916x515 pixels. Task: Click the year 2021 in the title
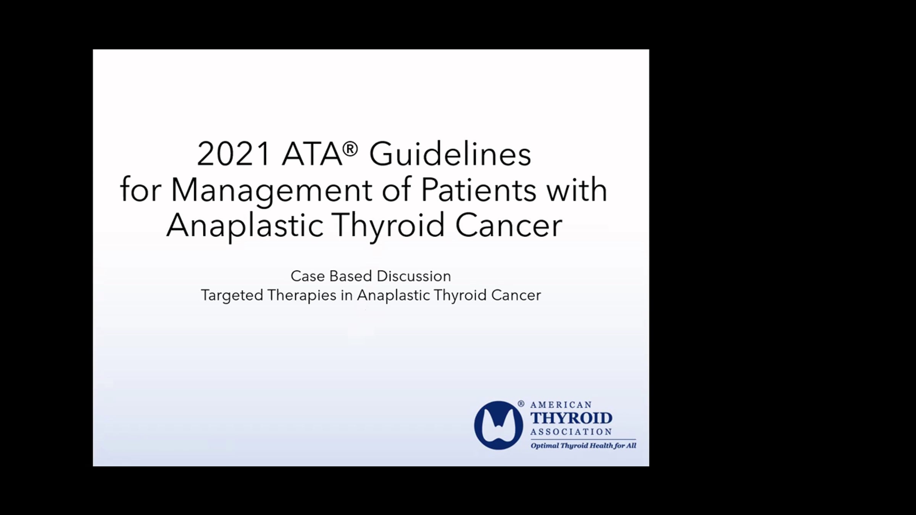click(233, 154)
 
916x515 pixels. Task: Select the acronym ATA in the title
click(312, 154)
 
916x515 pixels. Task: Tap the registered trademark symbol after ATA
click(350, 149)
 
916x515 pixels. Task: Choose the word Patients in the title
click(479, 190)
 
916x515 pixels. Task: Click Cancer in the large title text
click(509, 225)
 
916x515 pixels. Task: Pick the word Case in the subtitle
click(308, 276)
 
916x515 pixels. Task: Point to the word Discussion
click(414, 276)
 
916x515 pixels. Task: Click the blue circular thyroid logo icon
click(498, 425)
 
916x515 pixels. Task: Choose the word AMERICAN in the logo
click(561, 405)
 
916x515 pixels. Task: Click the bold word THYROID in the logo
click(571, 418)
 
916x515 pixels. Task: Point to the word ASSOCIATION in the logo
click(571, 432)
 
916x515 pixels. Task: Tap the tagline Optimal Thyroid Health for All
click(583, 446)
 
